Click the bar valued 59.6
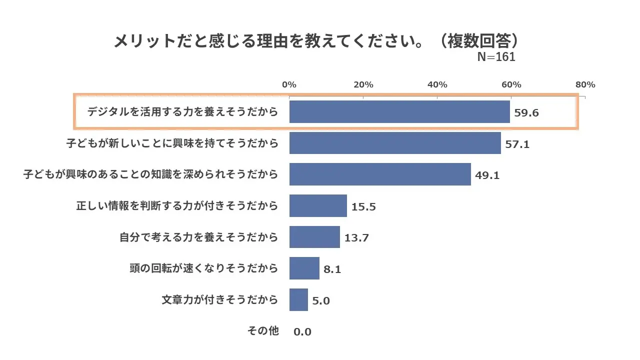[x=399, y=111]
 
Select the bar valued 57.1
[x=395, y=143]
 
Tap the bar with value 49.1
[x=380, y=174]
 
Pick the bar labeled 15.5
[x=318, y=205]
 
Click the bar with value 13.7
[x=314, y=237]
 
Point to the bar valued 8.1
[x=304, y=268]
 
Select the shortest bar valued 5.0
[x=298, y=299]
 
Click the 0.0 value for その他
[x=302, y=331]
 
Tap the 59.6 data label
[x=526, y=112]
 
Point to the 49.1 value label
[x=487, y=175]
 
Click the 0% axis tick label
[x=289, y=84]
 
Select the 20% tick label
[x=363, y=84]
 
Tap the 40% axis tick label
[x=437, y=84]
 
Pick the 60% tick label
[x=511, y=84]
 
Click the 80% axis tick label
[x=585, y=84]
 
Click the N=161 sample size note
[x=496, y=57]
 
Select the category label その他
[x=263, y=330]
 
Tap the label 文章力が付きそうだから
[x=219, y=299]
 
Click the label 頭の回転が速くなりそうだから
[x=203, y=268]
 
